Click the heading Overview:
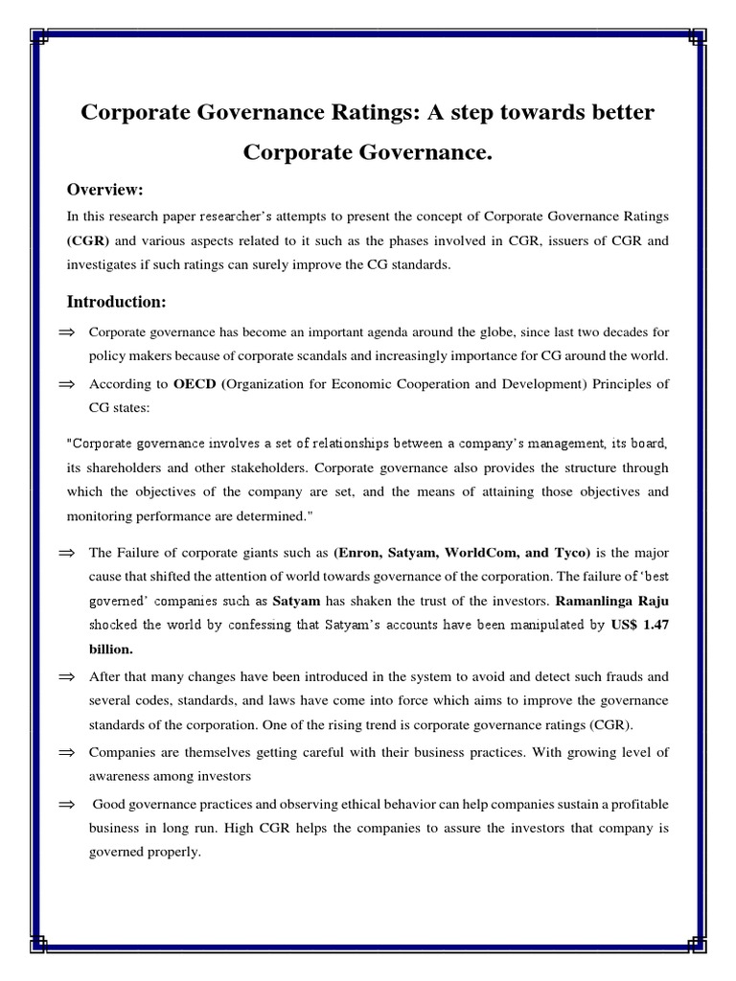coord(104,190)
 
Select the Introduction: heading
coord(116,302)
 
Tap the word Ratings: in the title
coord(371,113)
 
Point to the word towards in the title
coord(542,113)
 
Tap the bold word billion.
coord(111,648)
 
